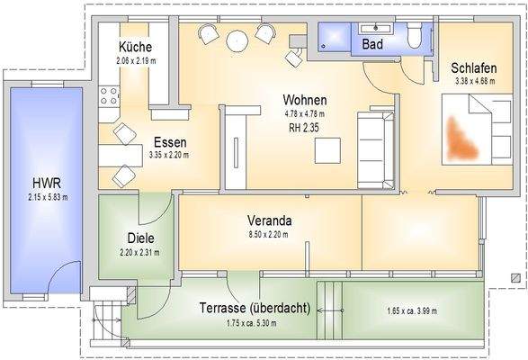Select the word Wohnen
303,100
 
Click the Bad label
373,44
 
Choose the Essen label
170,142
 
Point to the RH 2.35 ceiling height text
303,128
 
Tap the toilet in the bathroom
415,36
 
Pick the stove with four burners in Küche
112,94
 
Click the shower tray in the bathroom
335,37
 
